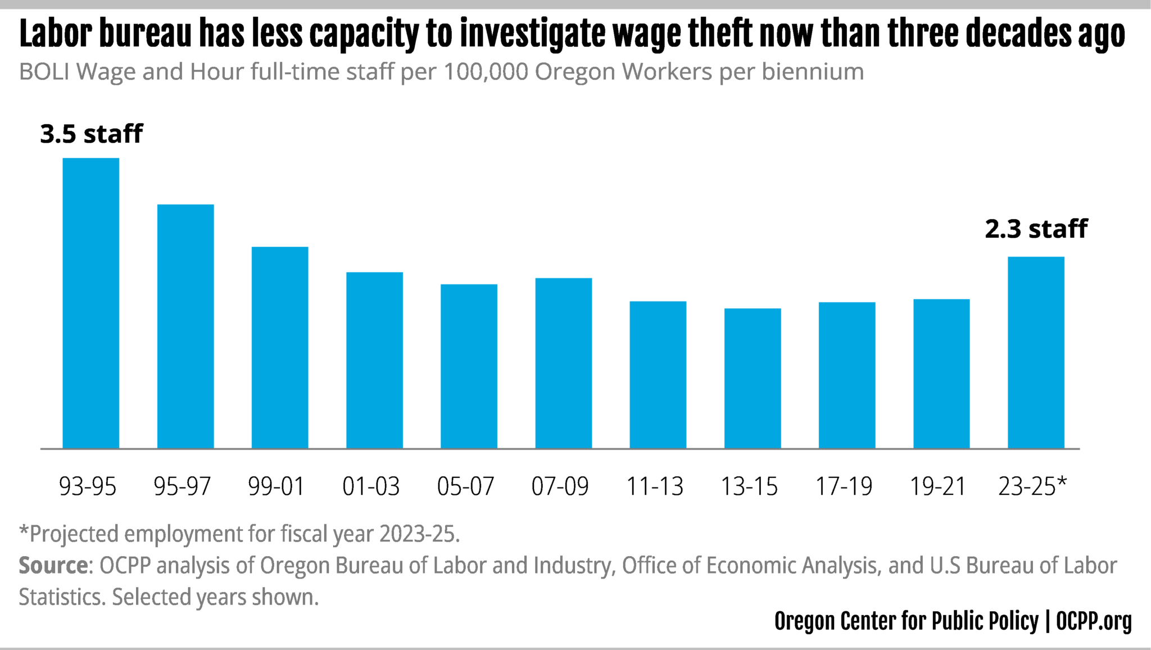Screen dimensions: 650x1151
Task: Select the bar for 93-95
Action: [x=90, y=304]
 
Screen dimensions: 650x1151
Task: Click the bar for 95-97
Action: [x=185, y=326]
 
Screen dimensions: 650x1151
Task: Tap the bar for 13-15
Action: [x=753, y=378]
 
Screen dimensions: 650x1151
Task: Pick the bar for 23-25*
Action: [x=1036, y=353]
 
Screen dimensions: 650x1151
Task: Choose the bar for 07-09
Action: [x=563, y=363]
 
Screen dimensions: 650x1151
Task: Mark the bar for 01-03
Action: [x=374, y=360]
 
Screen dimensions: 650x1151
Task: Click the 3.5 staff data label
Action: [x=92, y=134]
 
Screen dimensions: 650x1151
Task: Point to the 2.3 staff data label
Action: [x=1036, y=229]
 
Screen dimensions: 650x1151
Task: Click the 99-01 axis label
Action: [x=277, y=486]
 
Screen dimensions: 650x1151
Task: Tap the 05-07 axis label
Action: [x=465, y=486]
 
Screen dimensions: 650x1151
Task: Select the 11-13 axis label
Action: [x=655, y=486]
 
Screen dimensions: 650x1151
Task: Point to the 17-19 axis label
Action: [x=844, y=486]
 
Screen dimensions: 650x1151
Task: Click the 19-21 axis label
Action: [x=937, y=486]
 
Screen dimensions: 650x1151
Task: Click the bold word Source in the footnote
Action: [x=53, y=565]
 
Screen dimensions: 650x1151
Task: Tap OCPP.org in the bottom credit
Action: [x=1094, y=621]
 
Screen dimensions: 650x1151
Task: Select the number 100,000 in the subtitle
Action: [x=486, y=72]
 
